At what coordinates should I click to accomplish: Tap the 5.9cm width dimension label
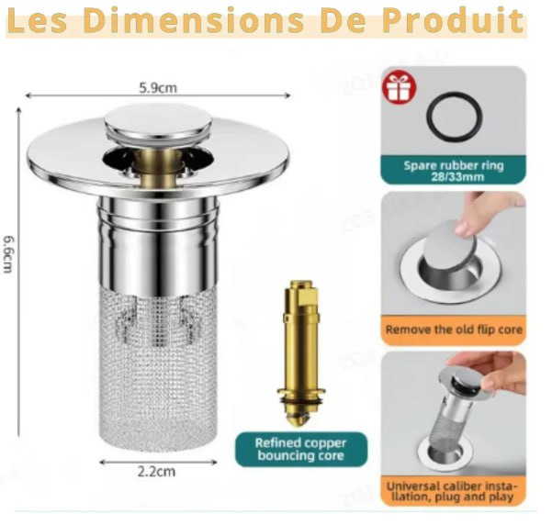pos(158,89)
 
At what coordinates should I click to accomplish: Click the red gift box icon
pos(400,87)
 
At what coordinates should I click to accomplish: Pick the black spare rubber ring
pos(453,117)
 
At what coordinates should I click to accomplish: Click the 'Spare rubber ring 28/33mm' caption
pos(453,171)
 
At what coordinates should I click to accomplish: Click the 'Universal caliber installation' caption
pos(453,491)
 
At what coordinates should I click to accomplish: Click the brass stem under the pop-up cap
pos(156,162)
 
